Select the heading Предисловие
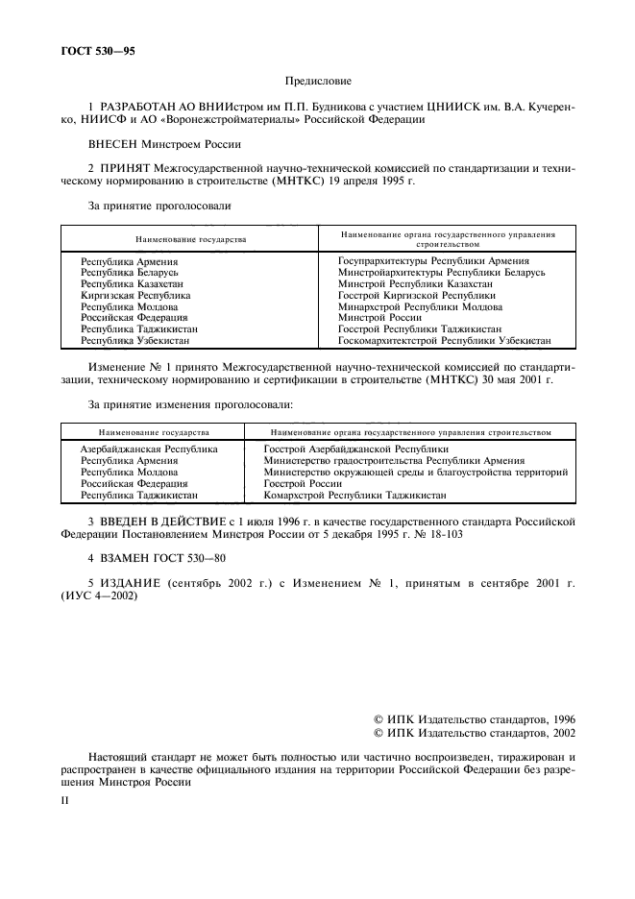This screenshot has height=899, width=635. click(x=317, y=84)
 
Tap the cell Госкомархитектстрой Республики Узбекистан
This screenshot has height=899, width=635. click(x=444, y=340)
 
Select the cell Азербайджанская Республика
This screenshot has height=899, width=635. click(x=149, y=449)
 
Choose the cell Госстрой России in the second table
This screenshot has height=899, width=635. click(x=303, y=483)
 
